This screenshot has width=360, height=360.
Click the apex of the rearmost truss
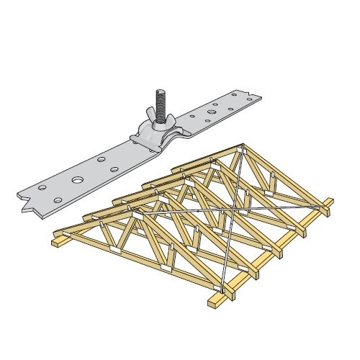243,148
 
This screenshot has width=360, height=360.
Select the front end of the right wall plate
213,302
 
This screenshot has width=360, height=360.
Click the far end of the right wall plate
328,205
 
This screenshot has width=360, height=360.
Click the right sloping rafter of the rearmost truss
284,176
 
